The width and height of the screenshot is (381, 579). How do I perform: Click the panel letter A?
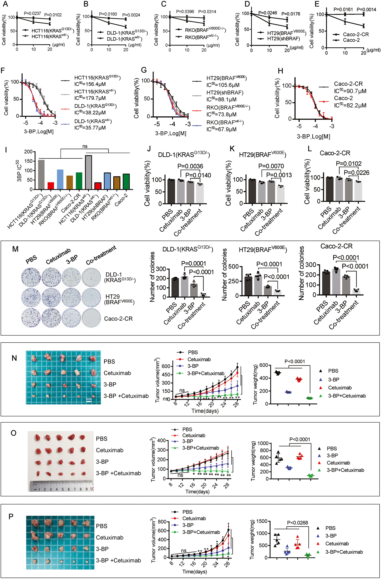[5, 4]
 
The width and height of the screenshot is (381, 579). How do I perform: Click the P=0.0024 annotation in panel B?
[131, 15]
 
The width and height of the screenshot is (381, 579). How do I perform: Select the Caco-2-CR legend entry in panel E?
[355, 34]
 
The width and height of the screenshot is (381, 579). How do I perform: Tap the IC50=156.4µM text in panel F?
[90, 84]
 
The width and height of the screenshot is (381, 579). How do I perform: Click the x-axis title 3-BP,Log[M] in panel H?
[313, 136]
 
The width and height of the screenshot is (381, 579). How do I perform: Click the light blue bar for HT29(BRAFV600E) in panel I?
[60, 179]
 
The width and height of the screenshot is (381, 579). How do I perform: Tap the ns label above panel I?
[85, 146]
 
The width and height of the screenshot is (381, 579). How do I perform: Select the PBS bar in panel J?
[171, 191]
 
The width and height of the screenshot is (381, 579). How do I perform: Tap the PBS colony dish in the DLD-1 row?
[31, 277]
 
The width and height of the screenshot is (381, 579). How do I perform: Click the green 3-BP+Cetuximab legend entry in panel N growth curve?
[205, 373]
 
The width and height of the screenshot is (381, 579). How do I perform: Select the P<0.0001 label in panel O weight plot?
[299, 439]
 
